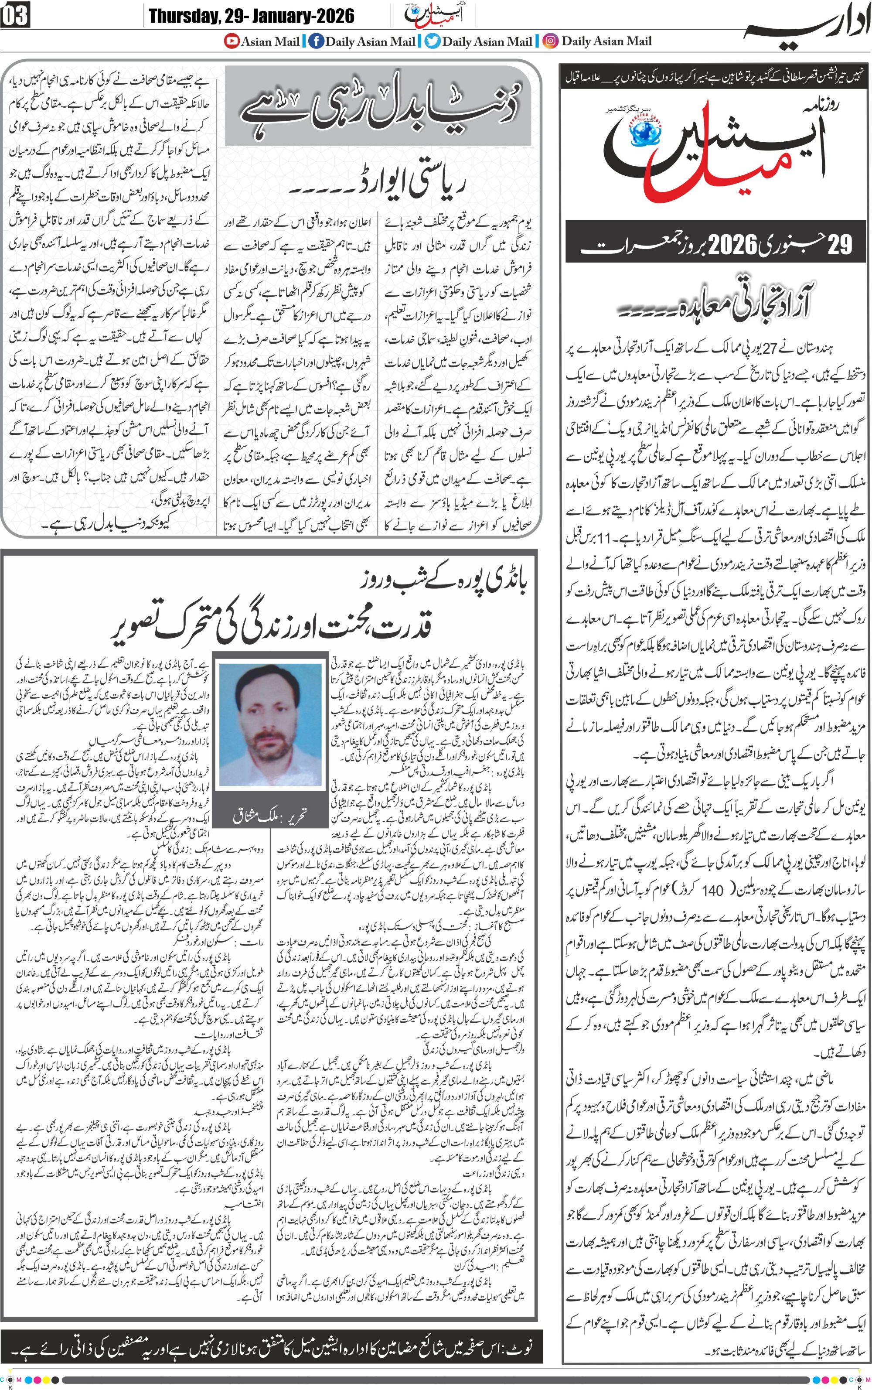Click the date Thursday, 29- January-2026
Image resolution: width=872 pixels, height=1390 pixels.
pos(252,16)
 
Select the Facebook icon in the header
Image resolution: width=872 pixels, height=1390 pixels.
pos(316,41)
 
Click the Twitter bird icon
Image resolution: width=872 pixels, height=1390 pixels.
pos(433,41)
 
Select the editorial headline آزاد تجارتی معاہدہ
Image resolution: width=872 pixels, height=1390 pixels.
pos(721,306)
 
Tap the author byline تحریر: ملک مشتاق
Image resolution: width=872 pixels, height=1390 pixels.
pos(270,816)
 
